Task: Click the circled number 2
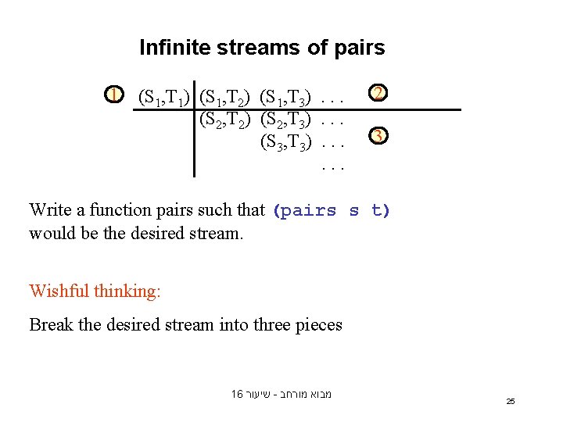pos(377,94)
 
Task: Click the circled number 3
pos(377,136)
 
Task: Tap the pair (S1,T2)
pos(225,98)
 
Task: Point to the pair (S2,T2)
pos(225,120)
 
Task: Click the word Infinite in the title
pos(174,48)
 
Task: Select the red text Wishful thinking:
pos(95,291)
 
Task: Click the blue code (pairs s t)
pos(331,210)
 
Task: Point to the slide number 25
pos(511,401)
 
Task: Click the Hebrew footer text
pos(281,394)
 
